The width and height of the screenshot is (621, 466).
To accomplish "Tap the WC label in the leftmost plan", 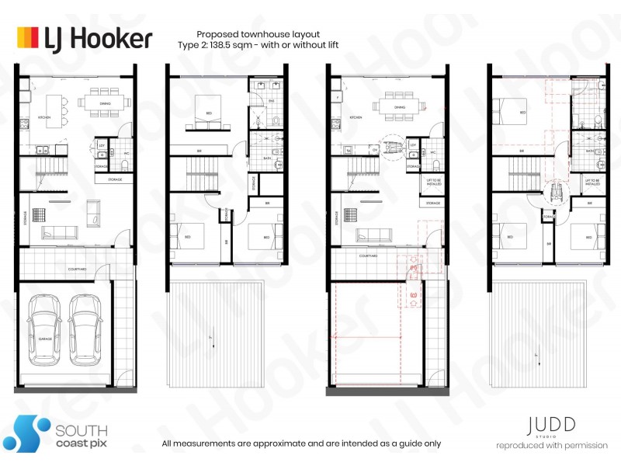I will pos(127,153).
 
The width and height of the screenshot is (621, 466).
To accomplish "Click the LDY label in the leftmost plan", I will pos(102,145).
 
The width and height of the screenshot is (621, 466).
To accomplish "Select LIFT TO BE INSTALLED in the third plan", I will pos(433,183).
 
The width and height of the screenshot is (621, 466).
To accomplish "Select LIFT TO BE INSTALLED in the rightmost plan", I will pos(595,183).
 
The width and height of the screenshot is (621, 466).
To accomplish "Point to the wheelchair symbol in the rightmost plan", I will pos(554,189).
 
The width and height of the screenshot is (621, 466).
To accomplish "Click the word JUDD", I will pos(552,426).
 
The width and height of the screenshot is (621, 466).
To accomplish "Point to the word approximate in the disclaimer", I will pos(273,443).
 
